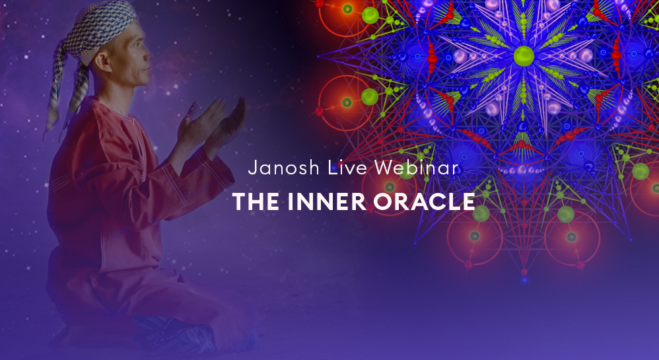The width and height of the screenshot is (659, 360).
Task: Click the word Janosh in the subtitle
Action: [x=284, y=168]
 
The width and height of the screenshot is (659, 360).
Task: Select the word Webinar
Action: [x=417, y=168]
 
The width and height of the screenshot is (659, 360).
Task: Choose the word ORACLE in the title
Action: [x=425, y=201]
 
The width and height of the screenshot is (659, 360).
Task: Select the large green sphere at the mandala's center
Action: [x=524, y=56]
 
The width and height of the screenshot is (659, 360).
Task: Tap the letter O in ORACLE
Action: [x=382, y=201]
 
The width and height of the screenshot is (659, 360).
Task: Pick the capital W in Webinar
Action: [x=384, y=168]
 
